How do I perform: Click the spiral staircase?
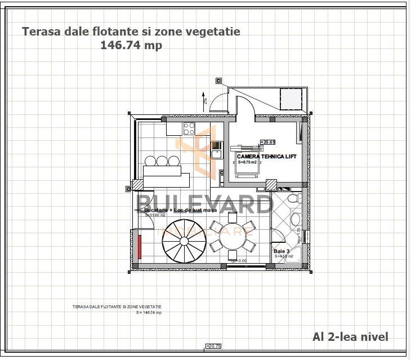pos(181,243)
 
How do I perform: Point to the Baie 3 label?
pos(282,251)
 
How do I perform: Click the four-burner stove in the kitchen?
pos(189,128)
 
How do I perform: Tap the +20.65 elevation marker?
pos(267,143)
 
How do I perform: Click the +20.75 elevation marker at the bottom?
pos(214,346)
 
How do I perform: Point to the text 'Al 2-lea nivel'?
pos(350,336)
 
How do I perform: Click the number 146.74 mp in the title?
pos(131,46)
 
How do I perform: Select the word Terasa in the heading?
pos(40,32)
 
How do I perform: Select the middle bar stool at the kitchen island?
pos(162,161)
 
